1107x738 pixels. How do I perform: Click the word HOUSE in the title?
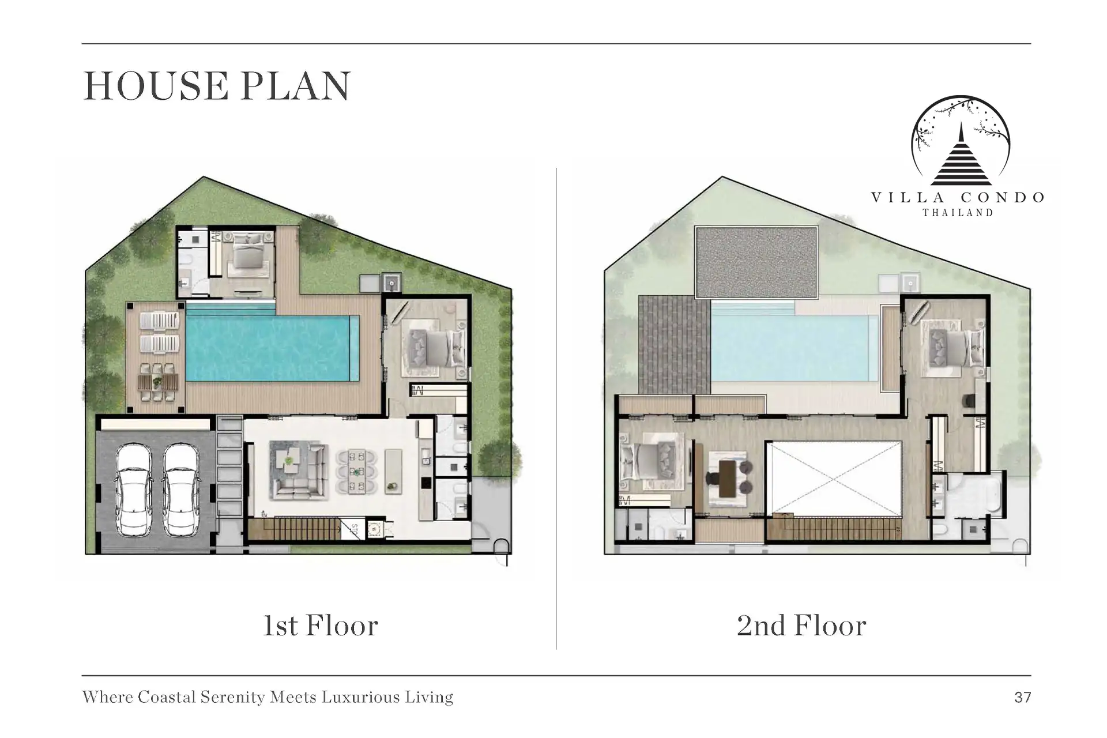(156, 86)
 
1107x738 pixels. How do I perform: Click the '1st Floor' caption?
(321, 626)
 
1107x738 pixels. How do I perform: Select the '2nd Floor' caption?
(801, 626)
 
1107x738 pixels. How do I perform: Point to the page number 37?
(1023, 698)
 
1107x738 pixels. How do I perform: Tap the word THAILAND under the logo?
(958, 213)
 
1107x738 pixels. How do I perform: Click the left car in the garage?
(134, 490)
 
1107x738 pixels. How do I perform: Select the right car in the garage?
(181, 490)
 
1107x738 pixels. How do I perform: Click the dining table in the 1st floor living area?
(357, 472)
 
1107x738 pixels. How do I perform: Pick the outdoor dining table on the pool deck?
(158, 382)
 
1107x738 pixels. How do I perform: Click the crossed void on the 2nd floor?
(834, 479)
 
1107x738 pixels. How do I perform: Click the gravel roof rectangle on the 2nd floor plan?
(756, 262)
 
